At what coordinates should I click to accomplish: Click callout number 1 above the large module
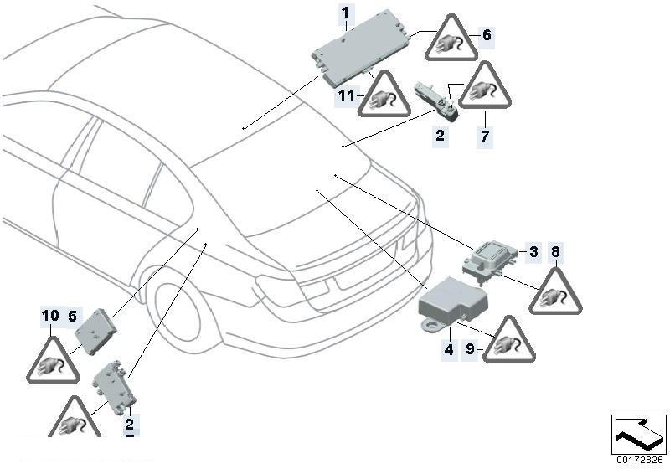[x=345, y=13]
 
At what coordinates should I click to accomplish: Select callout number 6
[x=487, y=35]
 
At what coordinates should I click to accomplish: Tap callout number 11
[x=347, y=96]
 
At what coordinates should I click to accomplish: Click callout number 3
[x=532, y=251]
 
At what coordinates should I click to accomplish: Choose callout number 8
[x=554, y=251]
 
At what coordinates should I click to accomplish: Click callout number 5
[x=72, y=317]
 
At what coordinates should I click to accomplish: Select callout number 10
[x=50, y=316]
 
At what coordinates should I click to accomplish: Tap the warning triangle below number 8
[x=554, y=293]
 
